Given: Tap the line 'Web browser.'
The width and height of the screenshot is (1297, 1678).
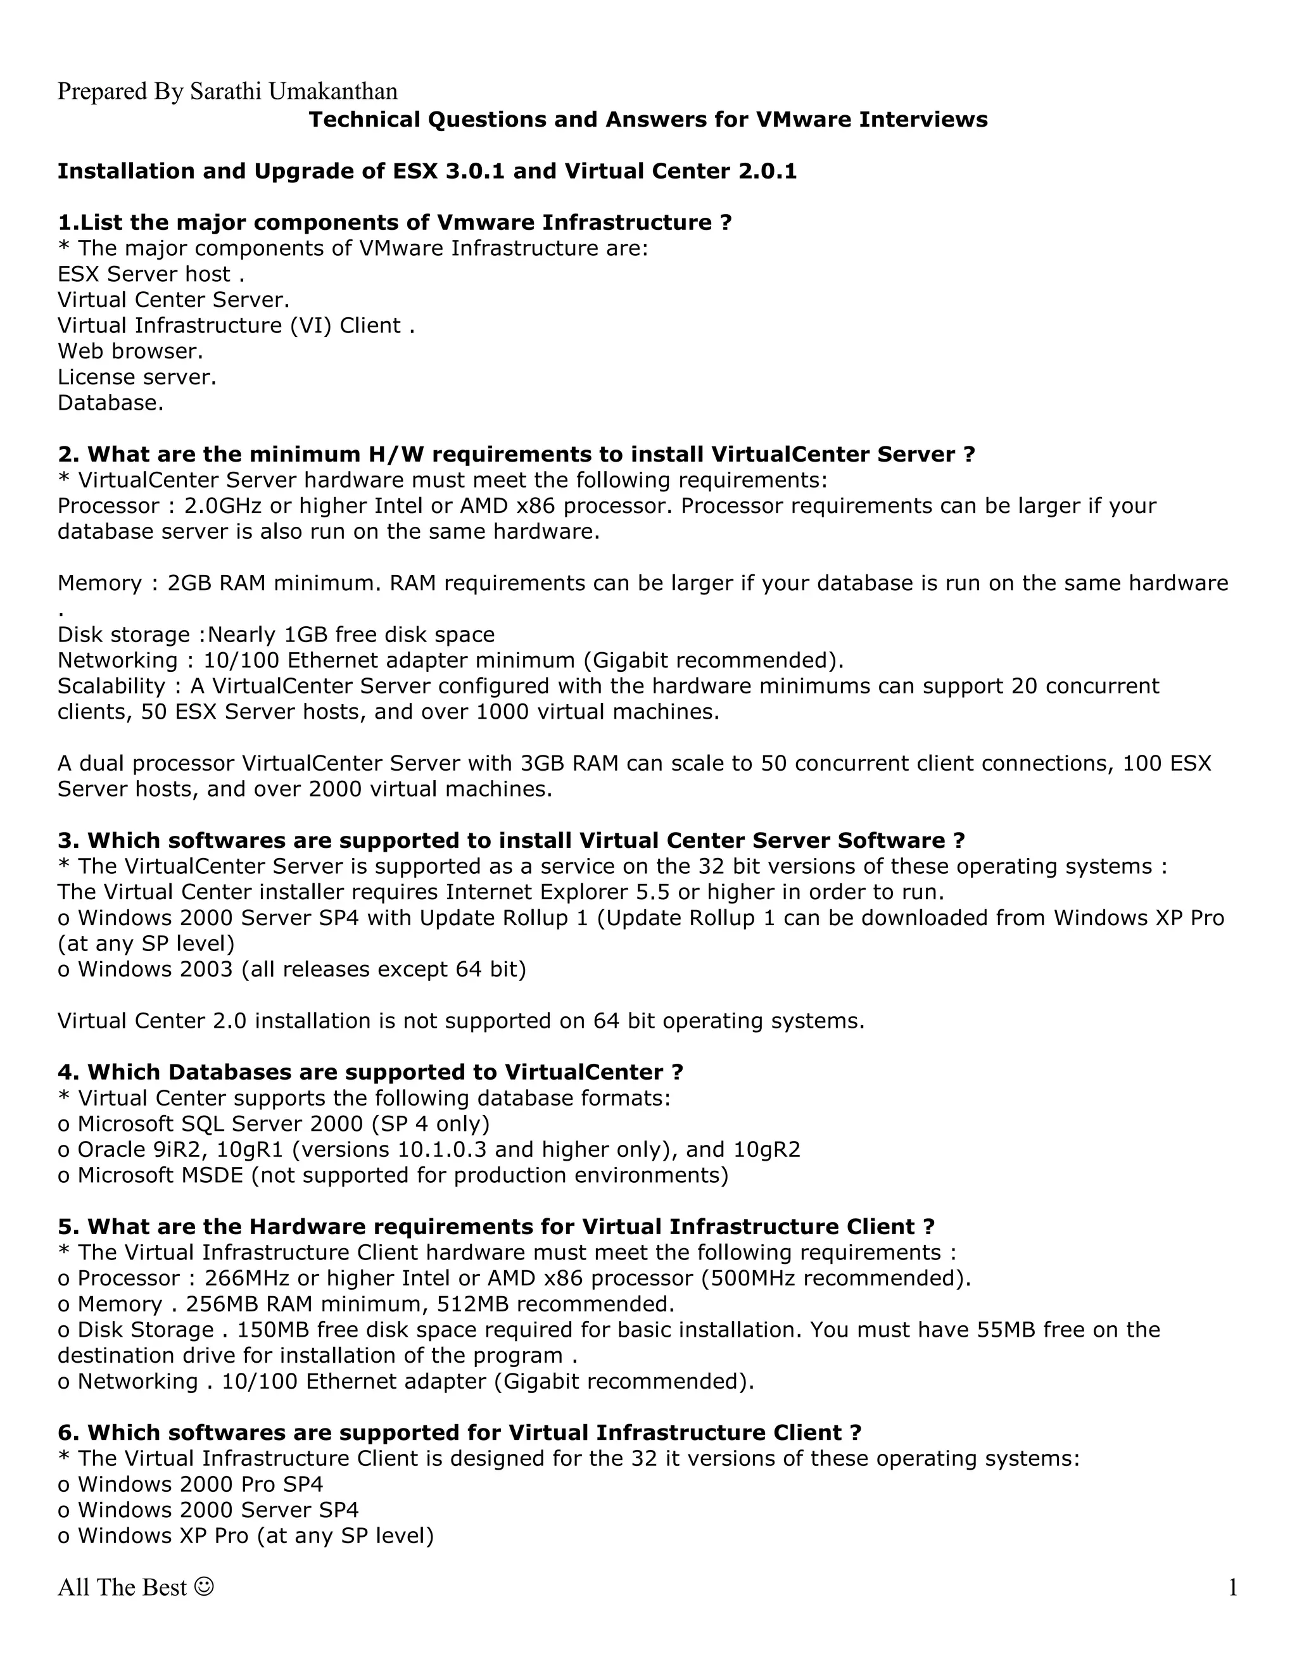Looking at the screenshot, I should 130,351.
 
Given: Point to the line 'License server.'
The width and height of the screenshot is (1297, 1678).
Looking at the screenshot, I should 137,377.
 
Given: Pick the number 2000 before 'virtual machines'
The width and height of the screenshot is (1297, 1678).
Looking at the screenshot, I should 334,789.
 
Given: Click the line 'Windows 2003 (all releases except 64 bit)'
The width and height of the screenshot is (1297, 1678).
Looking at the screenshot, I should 292,969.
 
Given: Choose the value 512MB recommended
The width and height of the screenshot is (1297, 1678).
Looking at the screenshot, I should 555,1304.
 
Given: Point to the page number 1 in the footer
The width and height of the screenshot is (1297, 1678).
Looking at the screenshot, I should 1232,1587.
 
